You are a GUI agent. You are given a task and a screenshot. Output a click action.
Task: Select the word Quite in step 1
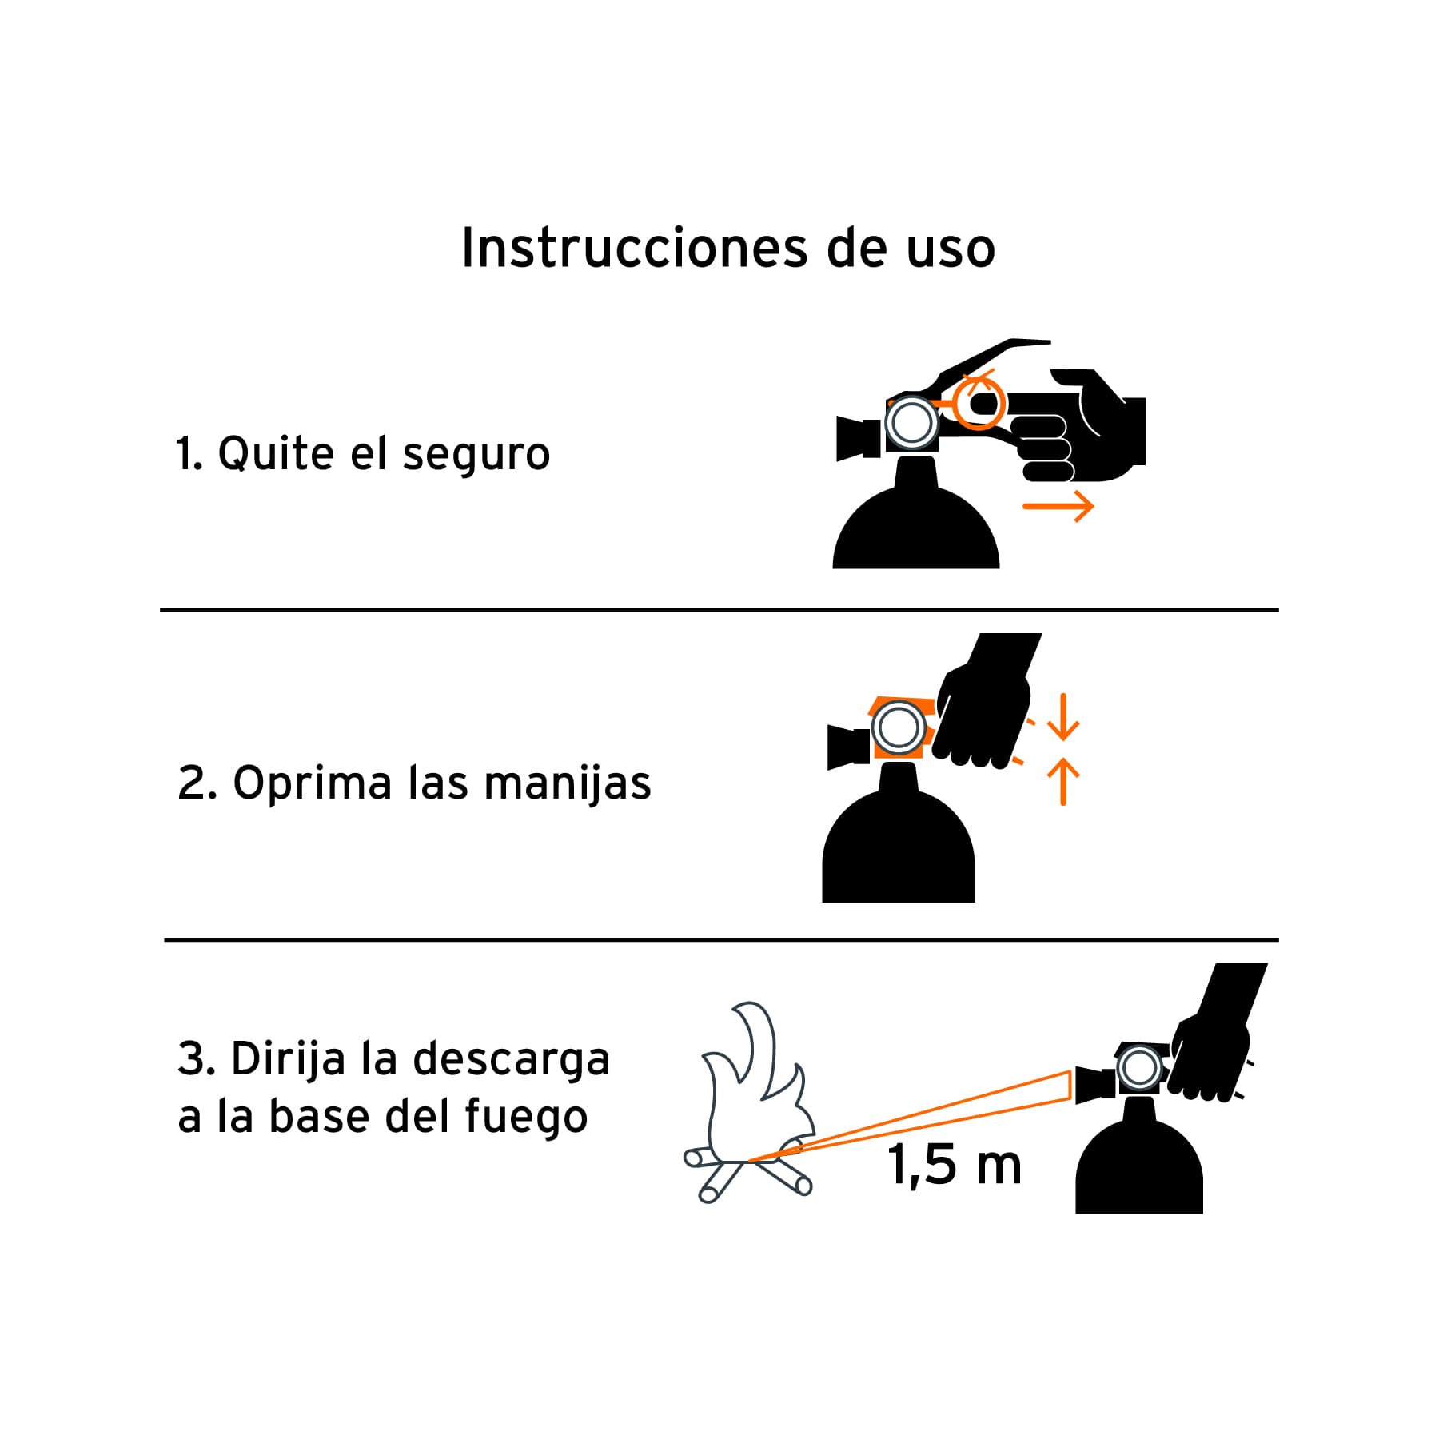(x=276, y=454)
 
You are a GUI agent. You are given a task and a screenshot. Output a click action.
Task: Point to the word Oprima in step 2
(x=312, y=783)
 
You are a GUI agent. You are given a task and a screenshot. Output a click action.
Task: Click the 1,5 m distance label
(x=955, y=1166)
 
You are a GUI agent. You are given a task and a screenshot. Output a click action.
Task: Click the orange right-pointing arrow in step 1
(x=1057, y=506)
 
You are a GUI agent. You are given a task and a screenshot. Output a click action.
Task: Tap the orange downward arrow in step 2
(x=1062, y=717)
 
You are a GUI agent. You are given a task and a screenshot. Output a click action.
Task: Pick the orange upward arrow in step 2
(x=1062, y=781)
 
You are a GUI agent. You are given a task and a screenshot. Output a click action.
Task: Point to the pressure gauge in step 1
(x=911, y=422)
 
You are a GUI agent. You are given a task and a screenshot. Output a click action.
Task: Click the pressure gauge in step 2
(x=899, y=727)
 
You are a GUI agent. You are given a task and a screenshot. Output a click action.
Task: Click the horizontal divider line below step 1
(x=719, y=610)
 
